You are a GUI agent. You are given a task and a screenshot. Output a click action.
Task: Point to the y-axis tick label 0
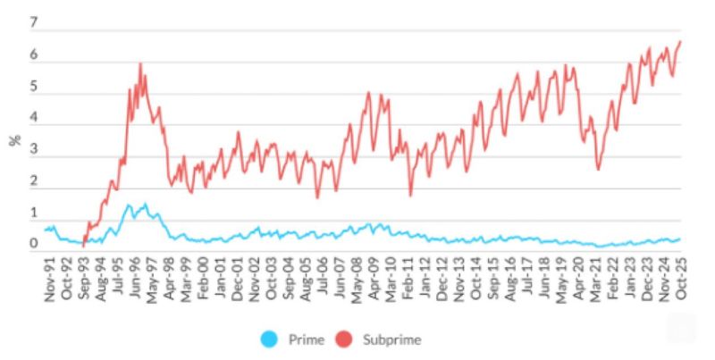point(34,243)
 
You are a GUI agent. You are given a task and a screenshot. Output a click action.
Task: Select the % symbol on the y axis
point(14,140)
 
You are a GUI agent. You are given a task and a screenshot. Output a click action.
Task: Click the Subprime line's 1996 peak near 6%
point(140,63)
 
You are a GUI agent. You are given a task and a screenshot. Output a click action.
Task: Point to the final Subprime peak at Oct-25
point(681,41)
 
